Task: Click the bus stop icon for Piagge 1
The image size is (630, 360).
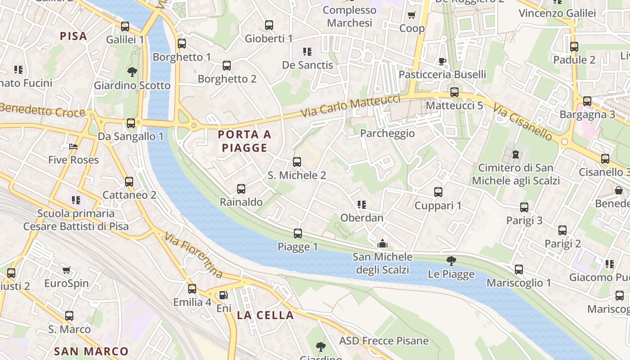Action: (x=297, y=234)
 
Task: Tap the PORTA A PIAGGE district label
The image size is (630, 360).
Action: (x=245, y=141)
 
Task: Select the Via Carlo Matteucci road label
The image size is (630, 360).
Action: (x=350, y=106)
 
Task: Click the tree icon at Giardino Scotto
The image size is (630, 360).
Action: (x=132, y=72)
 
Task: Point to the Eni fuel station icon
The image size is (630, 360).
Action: (x=223, y=295)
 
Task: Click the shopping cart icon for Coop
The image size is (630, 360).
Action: (x=411, y=15)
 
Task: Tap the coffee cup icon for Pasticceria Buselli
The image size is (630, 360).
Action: (x=442, y=61)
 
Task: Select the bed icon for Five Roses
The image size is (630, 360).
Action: (x=73, y=147)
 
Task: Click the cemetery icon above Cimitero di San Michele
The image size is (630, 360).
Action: (x=515, y=154)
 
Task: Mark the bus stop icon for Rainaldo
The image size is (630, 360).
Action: (x=241, y=189)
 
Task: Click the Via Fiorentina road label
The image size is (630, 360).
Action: (x=193, y=255)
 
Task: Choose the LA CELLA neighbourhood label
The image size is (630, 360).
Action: (x=265, y=315)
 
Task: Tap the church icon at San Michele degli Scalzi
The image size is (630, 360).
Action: (x=382, y=244)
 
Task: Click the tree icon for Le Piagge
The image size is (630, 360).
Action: (x=451, y=261)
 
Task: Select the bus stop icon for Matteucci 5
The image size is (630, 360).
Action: (x=454, y=92)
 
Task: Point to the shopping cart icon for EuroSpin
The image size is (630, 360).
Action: (x=67, y=270)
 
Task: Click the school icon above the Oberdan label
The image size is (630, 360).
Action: (x=361, y=205)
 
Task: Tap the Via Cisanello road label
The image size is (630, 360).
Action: (x=522, y=122)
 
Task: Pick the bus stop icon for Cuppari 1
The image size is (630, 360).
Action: (x=438, y=192)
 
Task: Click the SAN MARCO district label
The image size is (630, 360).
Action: (x=91, y=351)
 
